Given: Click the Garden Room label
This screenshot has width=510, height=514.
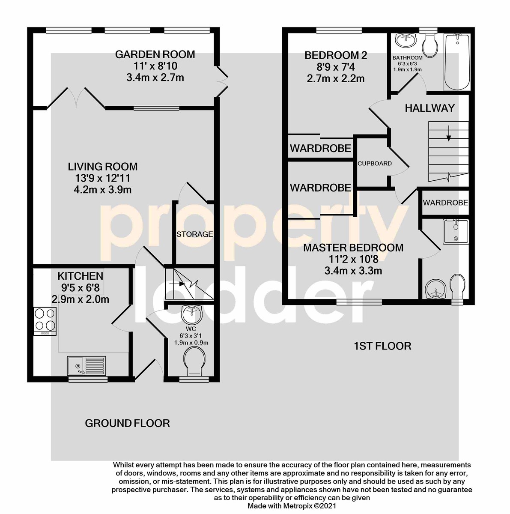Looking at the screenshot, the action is click(155, 54).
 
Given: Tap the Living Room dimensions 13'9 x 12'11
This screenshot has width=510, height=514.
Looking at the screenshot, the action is click(103, 178).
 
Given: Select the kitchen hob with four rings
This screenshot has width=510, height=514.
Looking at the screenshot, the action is click(45, 321).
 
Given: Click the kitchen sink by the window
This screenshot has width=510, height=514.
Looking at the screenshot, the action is click(86, 365).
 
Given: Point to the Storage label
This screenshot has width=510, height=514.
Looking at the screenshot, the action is click(194, 234).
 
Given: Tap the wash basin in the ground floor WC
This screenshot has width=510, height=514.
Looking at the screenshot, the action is click(191, 314).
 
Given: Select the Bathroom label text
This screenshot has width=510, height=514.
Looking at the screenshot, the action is click(407, 58).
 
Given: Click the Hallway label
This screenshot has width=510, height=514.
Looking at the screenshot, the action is click(430, 108).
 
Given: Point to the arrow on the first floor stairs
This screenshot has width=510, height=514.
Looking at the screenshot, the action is click(449, 133).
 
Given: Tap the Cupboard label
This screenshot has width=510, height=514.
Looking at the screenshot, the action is click(375, 163).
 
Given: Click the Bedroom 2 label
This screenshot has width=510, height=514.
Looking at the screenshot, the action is click(336, 56).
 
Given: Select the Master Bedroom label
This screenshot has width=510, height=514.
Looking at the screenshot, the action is click(353, 248).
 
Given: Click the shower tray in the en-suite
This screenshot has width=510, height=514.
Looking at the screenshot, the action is click(456, 232).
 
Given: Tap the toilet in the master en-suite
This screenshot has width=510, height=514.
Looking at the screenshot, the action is click(457, 287).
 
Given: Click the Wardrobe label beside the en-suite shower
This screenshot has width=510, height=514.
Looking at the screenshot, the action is click(445, 203).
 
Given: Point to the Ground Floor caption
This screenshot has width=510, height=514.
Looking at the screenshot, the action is click(127, 423).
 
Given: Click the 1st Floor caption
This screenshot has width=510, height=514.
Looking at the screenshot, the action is click(382, 346).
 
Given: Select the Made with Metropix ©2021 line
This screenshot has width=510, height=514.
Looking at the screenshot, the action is click(292, 506).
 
